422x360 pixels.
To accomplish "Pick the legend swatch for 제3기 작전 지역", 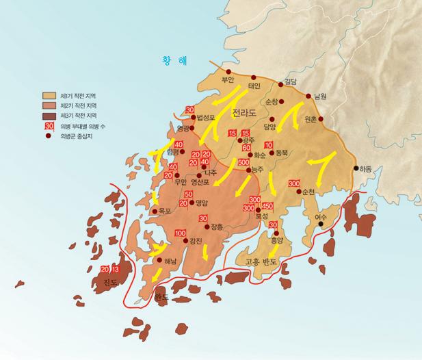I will click(x=50, y=116).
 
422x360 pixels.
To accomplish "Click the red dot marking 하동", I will click(x=356, y=168).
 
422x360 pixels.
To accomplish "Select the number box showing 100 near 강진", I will click(x=181, y=234).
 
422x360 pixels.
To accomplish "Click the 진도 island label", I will click(x=111, y=281).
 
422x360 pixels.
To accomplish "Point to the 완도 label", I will click(x=161, y=297).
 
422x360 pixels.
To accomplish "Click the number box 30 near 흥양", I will click(x=272, y=225).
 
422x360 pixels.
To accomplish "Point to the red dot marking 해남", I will click(x=160, y=260).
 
